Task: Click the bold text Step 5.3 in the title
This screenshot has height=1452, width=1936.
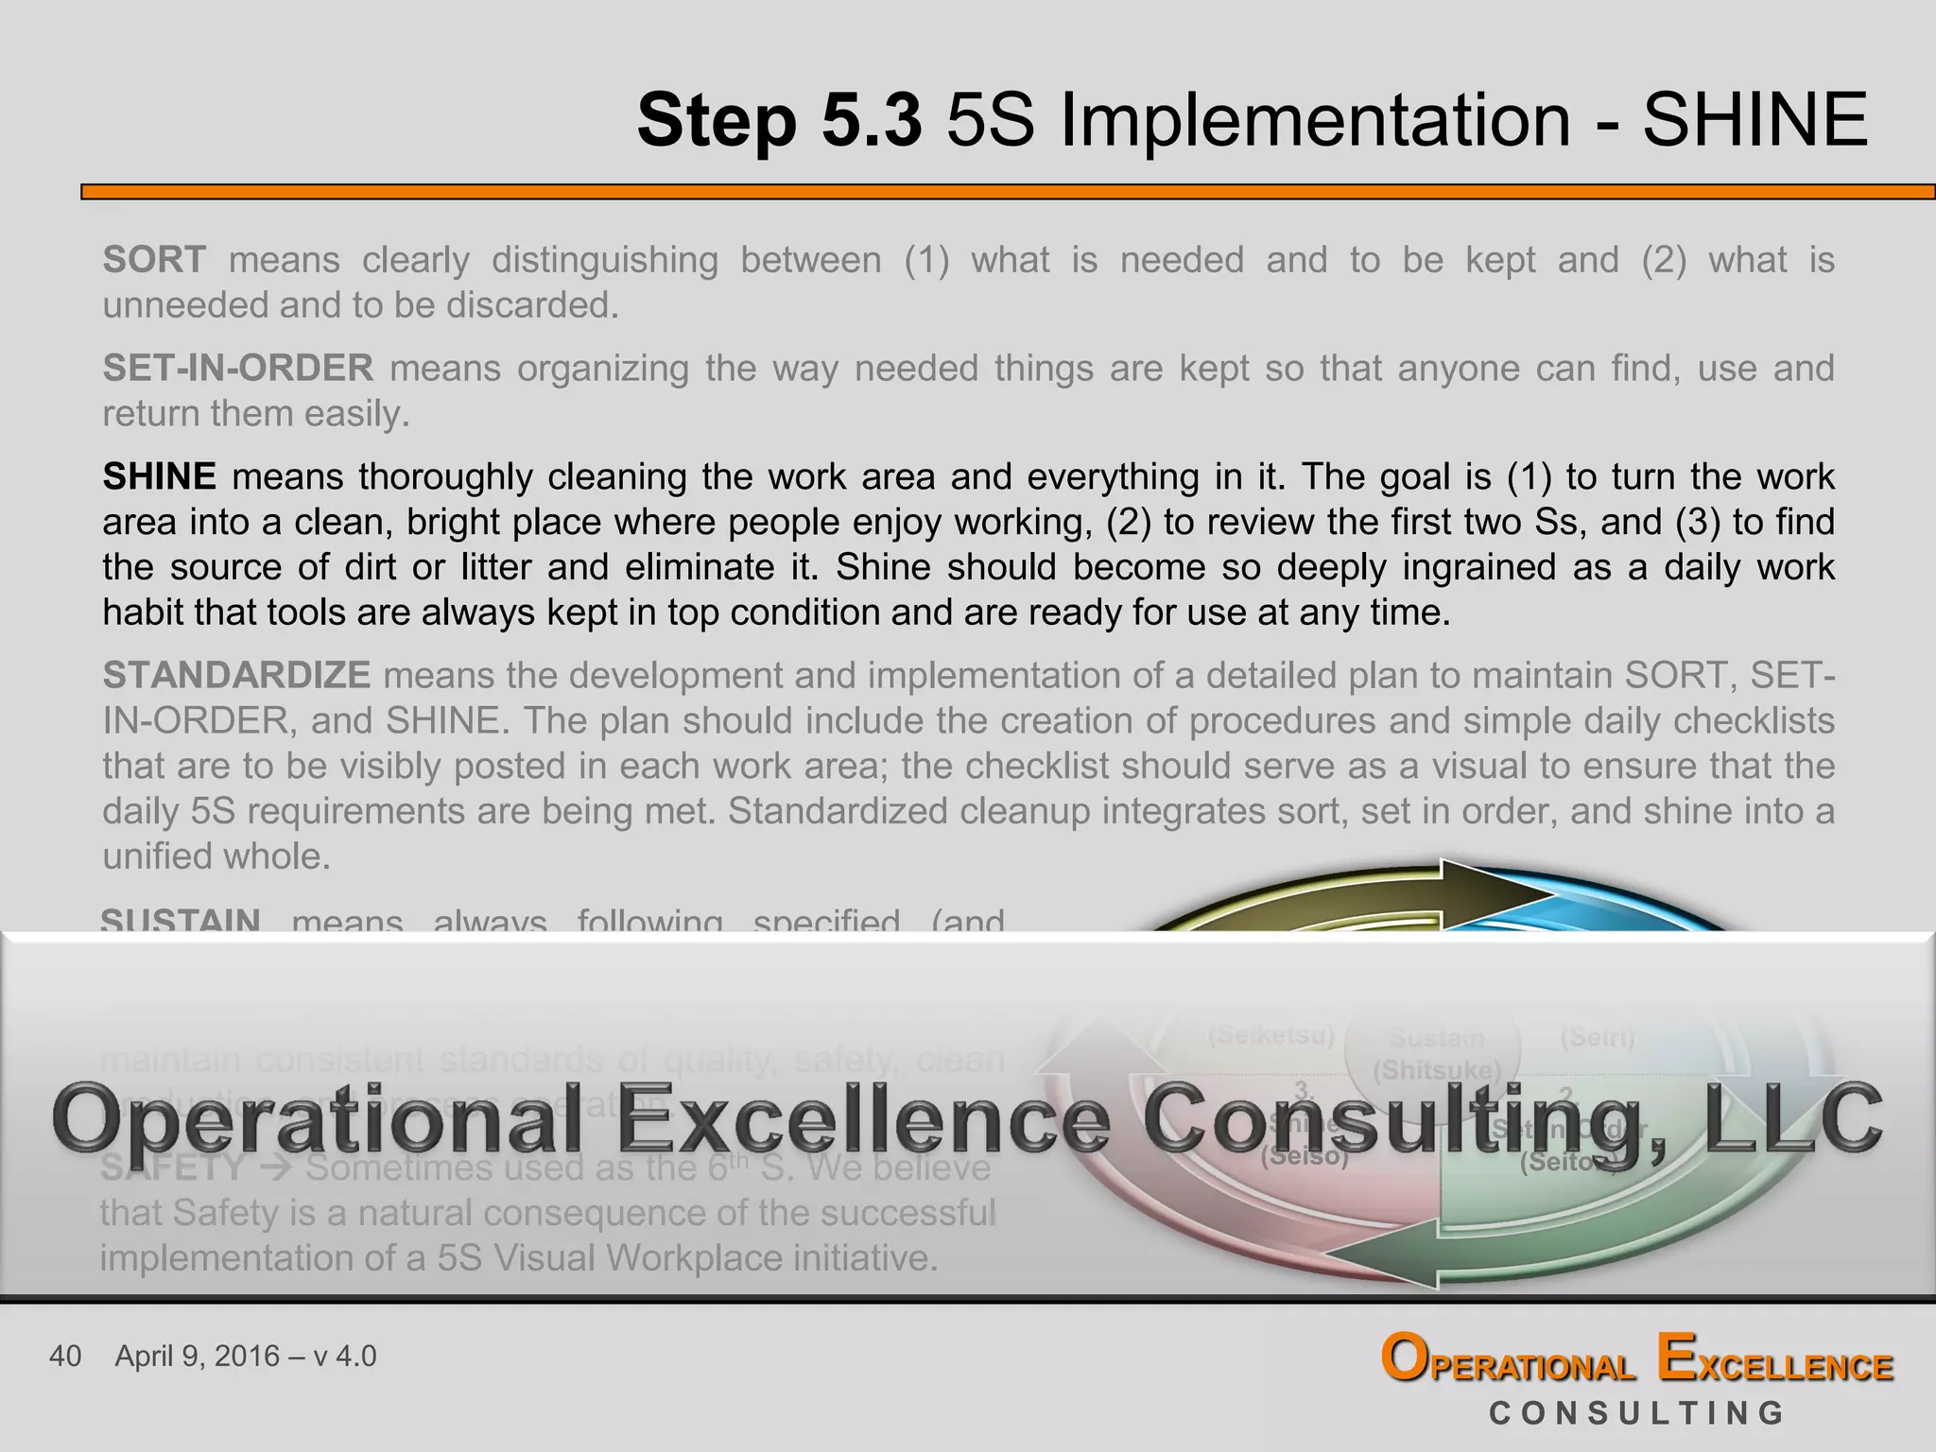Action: point(779,121)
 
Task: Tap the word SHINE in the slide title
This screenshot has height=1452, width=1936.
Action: point(1754,121)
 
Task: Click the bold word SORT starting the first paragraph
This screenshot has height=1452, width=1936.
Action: point(154,259)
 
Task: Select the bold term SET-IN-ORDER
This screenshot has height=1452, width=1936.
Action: point(238,368)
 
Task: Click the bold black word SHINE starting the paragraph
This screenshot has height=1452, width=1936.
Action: point(160,476)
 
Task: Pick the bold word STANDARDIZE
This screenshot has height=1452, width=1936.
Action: point(236,675)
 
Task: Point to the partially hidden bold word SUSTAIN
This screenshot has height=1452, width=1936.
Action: point(181,919)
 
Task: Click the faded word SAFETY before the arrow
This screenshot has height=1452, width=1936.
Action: point(173,1168)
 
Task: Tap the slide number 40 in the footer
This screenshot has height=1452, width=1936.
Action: point(65,1357)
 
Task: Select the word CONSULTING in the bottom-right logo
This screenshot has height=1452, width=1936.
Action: point(1636,1413)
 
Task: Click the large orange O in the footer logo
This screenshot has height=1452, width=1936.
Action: point(1406,1359)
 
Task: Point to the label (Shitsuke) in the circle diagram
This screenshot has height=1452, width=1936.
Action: point(1436,1070)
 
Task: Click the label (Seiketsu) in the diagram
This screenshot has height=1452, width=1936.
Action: point(1271,1035)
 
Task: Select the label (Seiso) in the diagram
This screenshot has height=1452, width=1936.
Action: point(1305,1156)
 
